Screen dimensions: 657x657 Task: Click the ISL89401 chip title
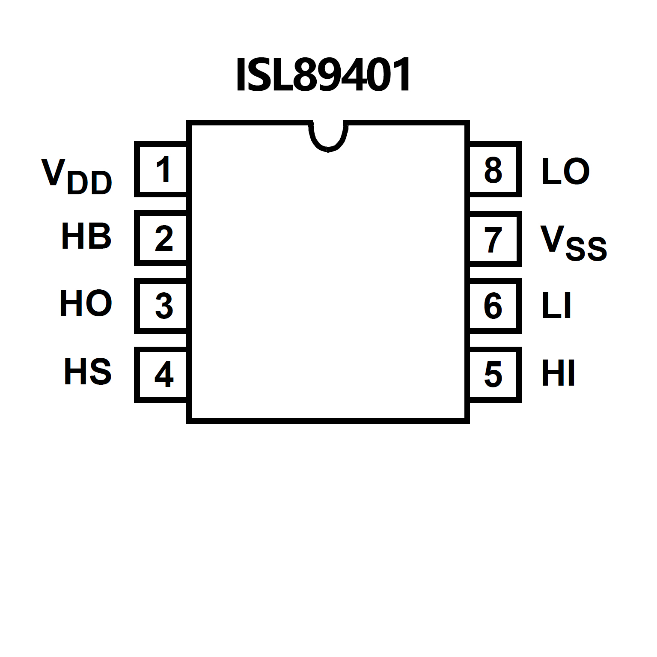tap(323, 75)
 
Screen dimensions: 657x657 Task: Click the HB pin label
tap(86, 236)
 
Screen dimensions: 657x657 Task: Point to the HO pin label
tap(86, 303)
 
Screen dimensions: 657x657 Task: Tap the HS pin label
tap(88, 372)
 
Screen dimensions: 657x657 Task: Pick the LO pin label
tap(565, 171)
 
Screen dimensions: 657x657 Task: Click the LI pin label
tap(556, 306)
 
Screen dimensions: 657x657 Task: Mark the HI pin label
tap(558, 373)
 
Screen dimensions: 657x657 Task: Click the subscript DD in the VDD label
tap(90, 183)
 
